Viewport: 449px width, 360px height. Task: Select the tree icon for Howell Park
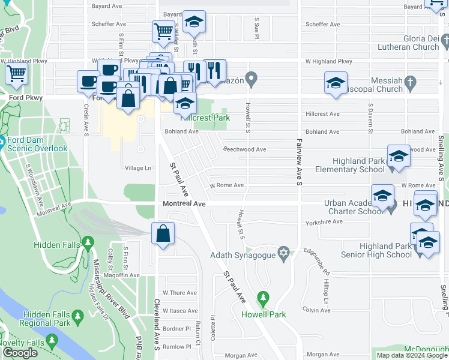click(262, 298)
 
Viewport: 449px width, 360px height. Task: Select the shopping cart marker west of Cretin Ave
click(16, 74)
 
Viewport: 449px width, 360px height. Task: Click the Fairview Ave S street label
click(298, 162)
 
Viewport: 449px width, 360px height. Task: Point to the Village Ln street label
click(137, 168)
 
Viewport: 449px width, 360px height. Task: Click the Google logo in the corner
click(20, 353)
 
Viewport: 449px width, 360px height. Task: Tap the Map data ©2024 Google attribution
click(412, 355)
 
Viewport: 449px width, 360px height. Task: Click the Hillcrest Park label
click(207, 118)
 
